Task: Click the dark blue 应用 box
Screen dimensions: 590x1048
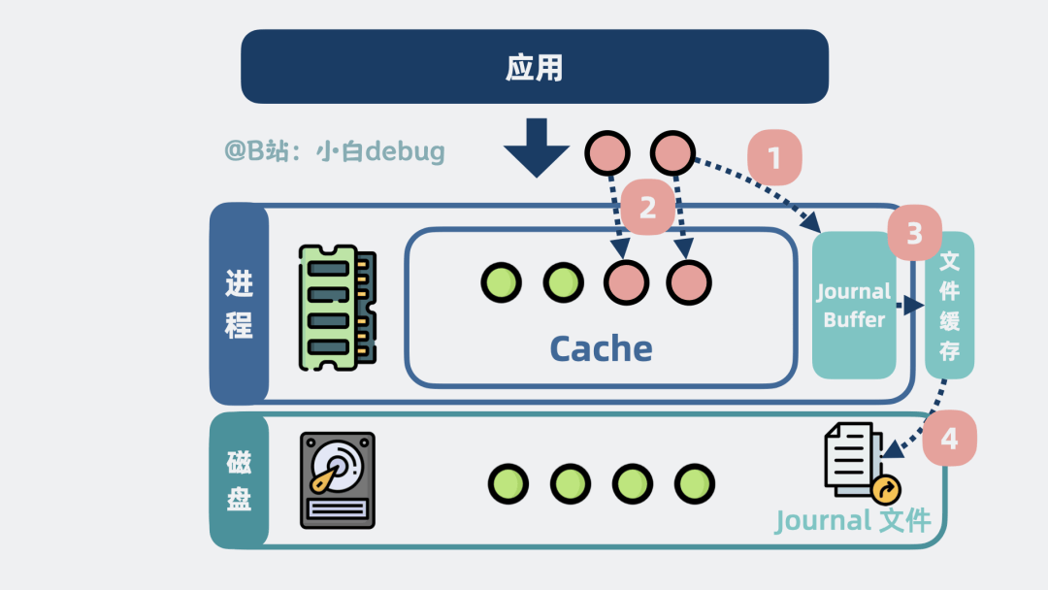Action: pyautogui.click(x=534, y=66)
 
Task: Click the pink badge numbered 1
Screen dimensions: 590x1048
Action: pyautogui.click(x=774, y=157)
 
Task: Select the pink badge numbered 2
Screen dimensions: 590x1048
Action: pyautogui.click(x=646, y=206)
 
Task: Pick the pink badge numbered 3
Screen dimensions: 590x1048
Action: pyautogui.click(x=914, y=233)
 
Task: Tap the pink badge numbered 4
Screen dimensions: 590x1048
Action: pyautogui.click(x=949, y=439)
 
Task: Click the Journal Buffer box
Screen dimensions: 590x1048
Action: pyautogui.click(x=854, y=306)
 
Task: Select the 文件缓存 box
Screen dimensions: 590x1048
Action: pyautogui.click(x=949, y=305)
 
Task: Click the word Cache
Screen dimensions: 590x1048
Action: pyautogui.click(x=601, y=348)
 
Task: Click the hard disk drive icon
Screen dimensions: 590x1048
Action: pyautogui.click(x=337, y=479)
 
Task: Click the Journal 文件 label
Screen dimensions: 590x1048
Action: pyautogui.click(x=853, y=521)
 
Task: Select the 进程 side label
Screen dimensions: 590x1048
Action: pyautogui.click(x=239, y=304)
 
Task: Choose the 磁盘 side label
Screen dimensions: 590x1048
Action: pyautogui.click(x=239, y=480)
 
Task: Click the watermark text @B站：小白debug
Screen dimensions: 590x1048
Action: pyautogui.click(x=335, y=151)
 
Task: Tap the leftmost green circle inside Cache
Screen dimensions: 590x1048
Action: pyautogui.click(x=501, y=282)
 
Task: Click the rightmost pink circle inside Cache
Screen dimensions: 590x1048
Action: pyautogui.click(x=689, y=282)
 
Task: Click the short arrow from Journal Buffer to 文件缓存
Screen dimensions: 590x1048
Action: pyautogui.click(x=909, y=306)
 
